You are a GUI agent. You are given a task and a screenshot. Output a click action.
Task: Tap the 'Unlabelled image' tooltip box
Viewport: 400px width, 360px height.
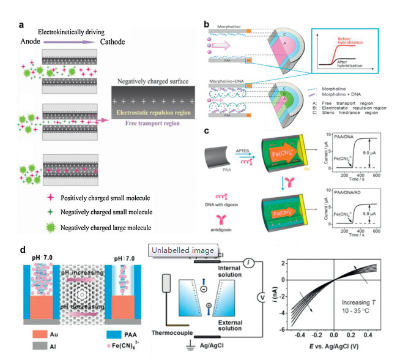point(183,250)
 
